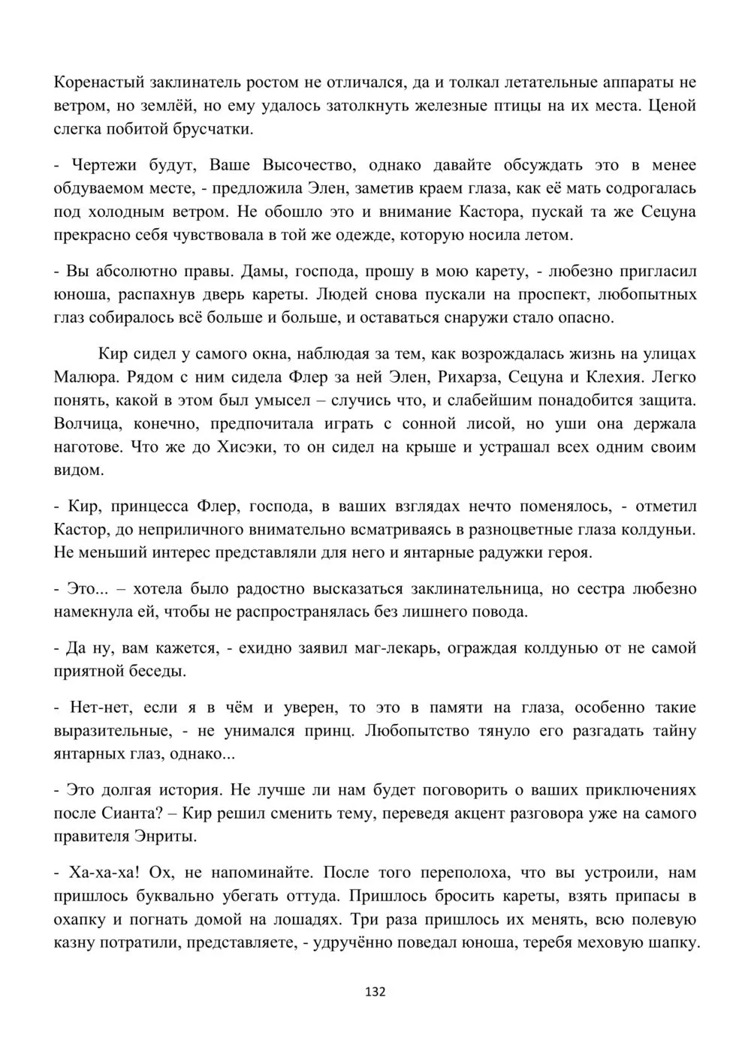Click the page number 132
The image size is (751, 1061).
coord(375,992)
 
